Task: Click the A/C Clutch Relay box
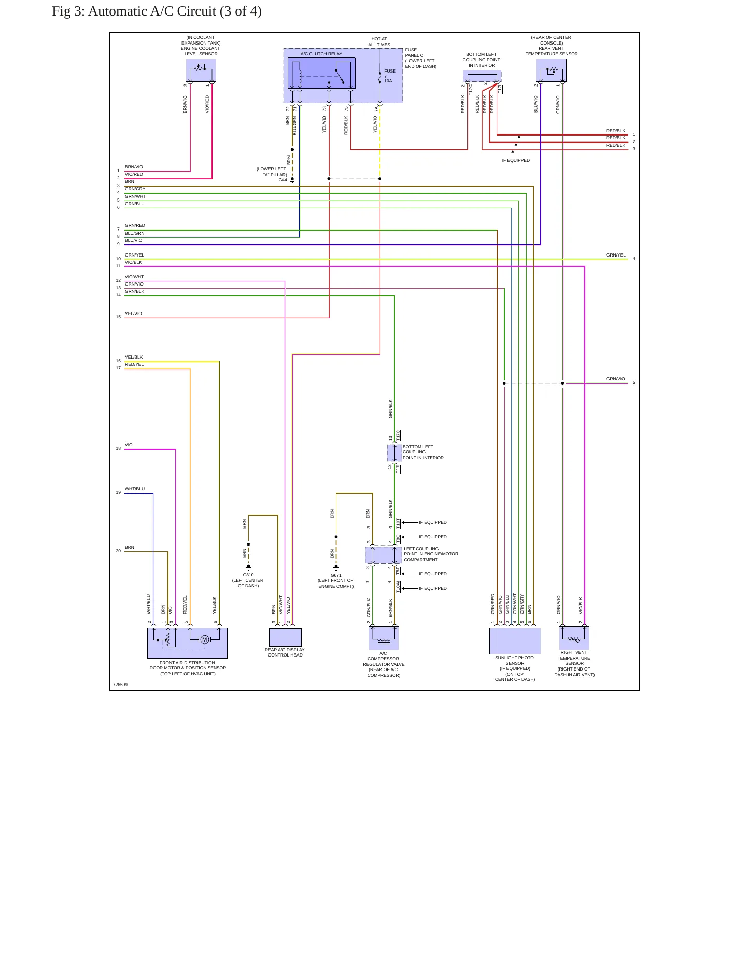321,73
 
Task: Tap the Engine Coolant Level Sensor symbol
201,70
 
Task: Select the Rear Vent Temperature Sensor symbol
551,70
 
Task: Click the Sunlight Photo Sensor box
515,641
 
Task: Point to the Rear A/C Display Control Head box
285,637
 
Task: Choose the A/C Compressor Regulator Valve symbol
384,638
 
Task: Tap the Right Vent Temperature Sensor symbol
574,638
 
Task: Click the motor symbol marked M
204,639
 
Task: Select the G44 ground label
282,180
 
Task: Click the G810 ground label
248,575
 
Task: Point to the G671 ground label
336,575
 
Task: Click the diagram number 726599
120,685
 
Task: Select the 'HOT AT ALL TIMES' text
379,42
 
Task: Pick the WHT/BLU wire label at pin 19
135,489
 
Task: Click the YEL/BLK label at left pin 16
134,357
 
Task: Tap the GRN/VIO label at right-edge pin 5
616,379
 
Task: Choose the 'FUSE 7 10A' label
390,76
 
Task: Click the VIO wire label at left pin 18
129,445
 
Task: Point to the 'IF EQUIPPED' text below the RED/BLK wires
516,160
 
